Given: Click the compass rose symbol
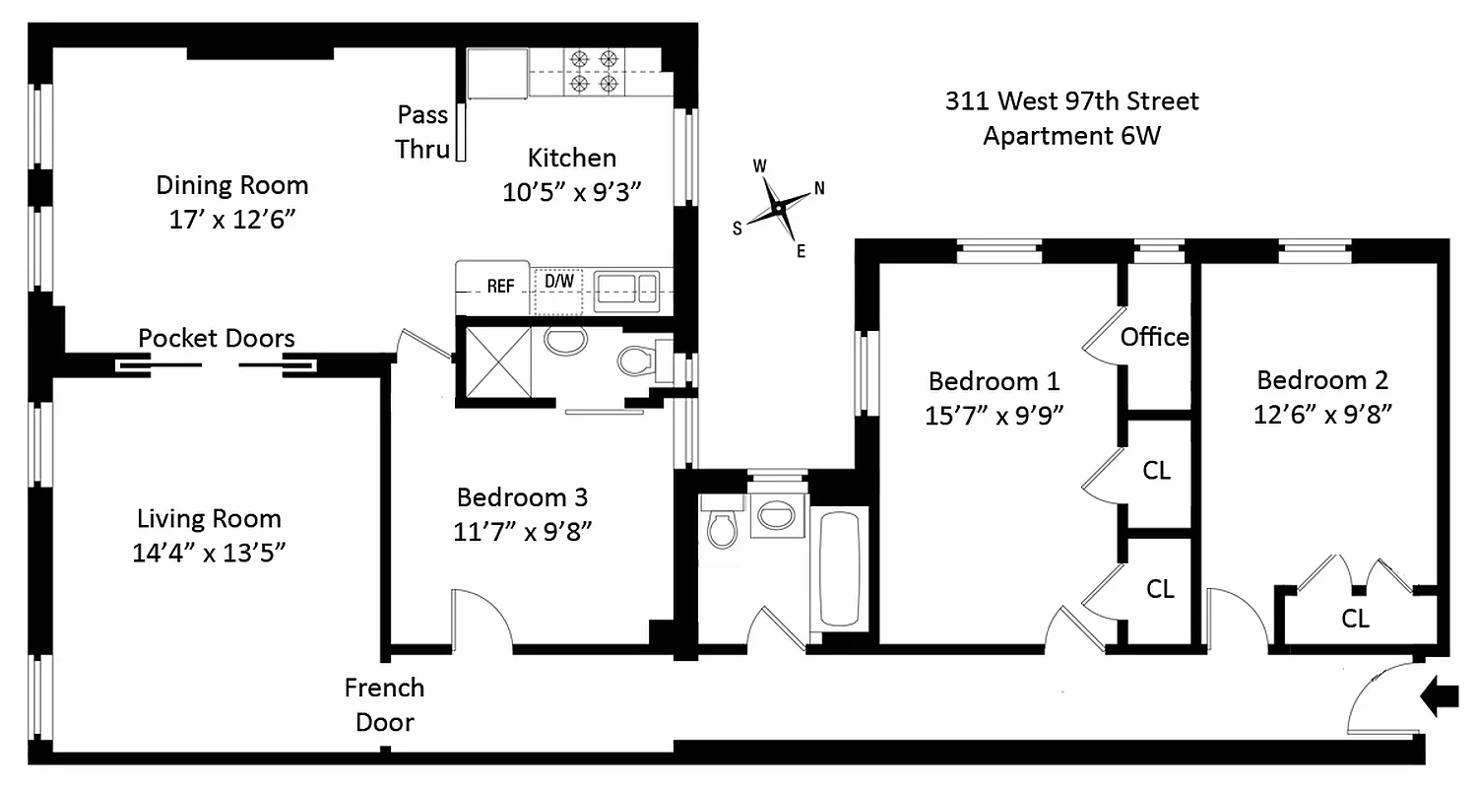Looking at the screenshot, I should coord(779,208).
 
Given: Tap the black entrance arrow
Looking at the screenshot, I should coord(1439,698).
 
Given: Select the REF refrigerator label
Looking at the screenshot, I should coord(500,287).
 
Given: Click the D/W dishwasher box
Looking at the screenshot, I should coord(559,282).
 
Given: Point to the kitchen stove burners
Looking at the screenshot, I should coord(596,72).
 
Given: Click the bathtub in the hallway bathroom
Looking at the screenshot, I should coord(839,568).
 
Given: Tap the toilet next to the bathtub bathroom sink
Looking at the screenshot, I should coord(722,528).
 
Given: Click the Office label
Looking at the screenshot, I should coord(1154,337).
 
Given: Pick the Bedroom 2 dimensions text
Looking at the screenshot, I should coord(1322,415).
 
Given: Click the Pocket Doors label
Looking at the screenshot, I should coord(216,339).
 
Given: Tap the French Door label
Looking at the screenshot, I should coord(384,704).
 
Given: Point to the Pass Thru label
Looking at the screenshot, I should coord(422,132).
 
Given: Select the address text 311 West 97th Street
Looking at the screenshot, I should coord(1072,100).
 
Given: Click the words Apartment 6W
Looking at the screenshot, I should coord(1072,136).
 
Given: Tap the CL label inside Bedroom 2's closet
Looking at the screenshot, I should coord(1355,619).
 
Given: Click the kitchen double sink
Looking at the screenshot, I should coord(624,288).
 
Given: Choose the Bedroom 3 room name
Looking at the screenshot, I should coord(522,496).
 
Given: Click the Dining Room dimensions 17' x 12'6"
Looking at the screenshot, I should coord(232,219).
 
